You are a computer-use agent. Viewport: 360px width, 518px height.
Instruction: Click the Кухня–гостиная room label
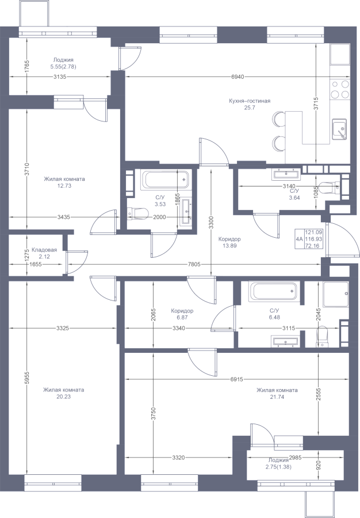[x=250, y=101]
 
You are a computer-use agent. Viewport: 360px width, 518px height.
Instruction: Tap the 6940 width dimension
[x=238, y=77]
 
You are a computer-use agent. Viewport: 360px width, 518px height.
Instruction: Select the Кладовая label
[x=44, y=250]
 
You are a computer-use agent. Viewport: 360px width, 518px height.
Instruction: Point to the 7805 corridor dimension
[x=194, y=265]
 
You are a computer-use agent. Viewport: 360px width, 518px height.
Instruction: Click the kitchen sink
[x=339, y=129]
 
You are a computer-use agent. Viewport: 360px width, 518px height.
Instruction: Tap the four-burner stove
[x=340, y=89]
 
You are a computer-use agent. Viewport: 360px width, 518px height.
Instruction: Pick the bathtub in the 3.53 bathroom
[x=165, y=180]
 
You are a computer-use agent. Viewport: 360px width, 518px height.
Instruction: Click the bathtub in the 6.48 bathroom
[x=273, y=291]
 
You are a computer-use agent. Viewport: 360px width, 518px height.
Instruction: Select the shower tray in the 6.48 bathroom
[x=336, y=294]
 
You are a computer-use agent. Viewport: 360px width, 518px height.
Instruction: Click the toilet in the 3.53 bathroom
[x=137, y=214]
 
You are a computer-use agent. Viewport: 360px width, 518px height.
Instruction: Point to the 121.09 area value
[x=313, y=233]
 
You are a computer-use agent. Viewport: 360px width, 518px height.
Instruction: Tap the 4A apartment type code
[x=299, y=239]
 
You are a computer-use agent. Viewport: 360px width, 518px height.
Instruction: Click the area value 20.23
[x=63, y=397]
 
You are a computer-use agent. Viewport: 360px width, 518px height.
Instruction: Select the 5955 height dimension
[x=28, y=378]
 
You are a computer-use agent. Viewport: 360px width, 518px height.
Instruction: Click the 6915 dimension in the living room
[x=236, y=380]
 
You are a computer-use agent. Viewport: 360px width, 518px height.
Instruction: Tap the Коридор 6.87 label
[x=182, y=314]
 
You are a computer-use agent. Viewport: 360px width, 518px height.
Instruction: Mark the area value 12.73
[x=64, y=186]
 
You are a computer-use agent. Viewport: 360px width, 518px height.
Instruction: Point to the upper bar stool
[x=279, y=119]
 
